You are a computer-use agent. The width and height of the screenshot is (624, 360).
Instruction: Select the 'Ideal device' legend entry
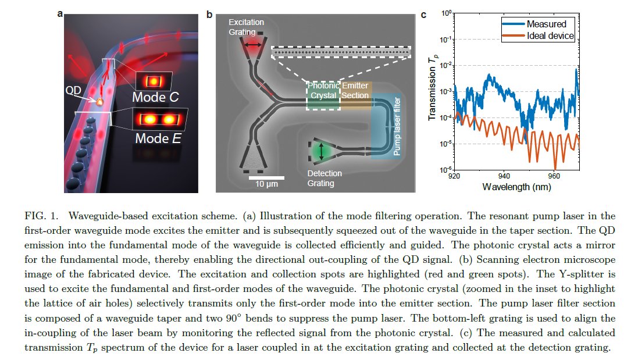click(x=550, y=36)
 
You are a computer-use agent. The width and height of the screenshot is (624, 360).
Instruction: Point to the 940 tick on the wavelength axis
click(x=504, y=176)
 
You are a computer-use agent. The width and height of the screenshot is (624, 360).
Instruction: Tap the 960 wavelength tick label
click(x=554, y=176)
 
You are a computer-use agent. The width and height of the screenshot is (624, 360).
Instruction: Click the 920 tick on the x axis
click(x=455, y=176)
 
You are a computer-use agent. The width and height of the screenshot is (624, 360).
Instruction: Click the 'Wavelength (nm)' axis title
click(x=516, y=187)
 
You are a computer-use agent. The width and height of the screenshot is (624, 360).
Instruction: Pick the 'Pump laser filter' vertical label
click(x=397, y=128)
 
